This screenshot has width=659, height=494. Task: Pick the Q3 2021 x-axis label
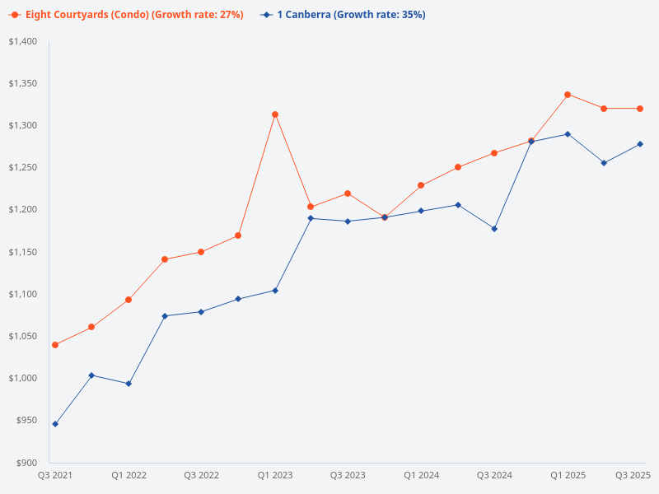pyautogui.click(x=55, y=475)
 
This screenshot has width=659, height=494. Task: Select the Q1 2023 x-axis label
pyautogui.click(x=275, y=475)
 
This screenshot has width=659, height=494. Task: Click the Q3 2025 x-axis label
pyautogui.click(x=633, y=475)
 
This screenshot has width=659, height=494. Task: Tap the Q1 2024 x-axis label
pyautogui.click(x=421, y=475)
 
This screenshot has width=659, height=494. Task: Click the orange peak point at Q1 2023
pyautogui.click(x=275, y=114)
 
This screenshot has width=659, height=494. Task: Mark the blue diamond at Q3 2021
pyautogui.click(x=55, y=424)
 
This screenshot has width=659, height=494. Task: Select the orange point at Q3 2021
pyautogui.click(x=55, y=345)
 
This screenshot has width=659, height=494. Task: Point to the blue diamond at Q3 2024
pyautogui.click(x=494, y=229)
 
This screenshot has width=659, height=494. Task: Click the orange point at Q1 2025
pyautogui.click(x=568, y=95)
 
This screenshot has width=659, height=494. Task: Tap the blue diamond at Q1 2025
pyautogui.click(x=568, y=134)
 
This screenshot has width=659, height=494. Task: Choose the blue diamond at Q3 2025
pyautogui.click(x=640, y=144)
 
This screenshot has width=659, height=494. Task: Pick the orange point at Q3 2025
pyautogui.click(x=640, y=109)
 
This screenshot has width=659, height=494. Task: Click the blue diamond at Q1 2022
pyautogui.click(x=129, y=384)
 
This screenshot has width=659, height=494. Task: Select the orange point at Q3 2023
pyautogui.click(x=348, y=193)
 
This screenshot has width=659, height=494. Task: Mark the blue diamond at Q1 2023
pyautogui.click(x=275, y=291)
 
